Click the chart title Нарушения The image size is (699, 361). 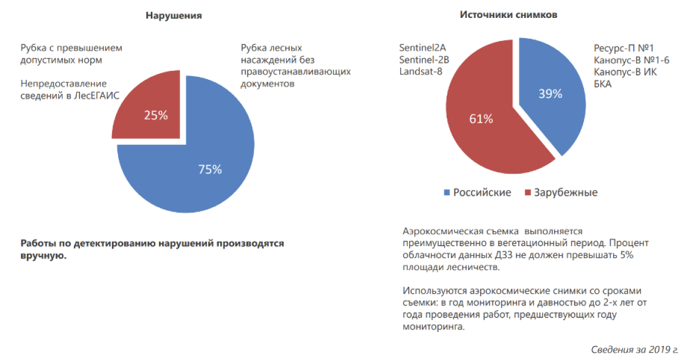[x=174, y=15]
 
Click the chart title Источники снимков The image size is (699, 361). [x=508, y=15]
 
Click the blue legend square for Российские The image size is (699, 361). [x=447, y=193]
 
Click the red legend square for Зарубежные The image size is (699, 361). [x=528, y=193]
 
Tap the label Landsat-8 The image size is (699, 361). [x=421, y=71]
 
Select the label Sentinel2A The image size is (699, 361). [x=422, y=48]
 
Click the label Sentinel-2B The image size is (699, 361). [x=424, y=60]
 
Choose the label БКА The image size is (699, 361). [x=603, y=83]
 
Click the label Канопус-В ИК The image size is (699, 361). [x=625, y=71]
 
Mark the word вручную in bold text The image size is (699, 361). [x=44, y=256]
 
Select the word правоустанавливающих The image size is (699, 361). [x=296, y=72]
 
